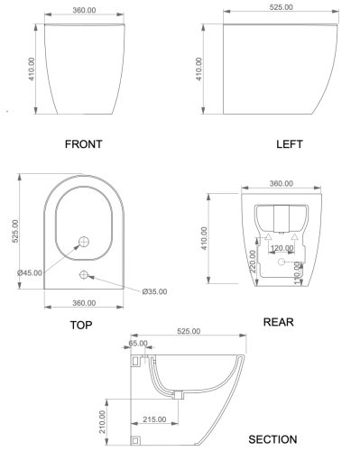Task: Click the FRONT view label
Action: [83, 144]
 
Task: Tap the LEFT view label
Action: [289, 144]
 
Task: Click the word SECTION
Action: [272, 439]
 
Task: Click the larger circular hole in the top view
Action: [84, 242]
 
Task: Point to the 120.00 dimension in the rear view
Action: [282, 247]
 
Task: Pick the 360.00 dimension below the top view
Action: [83, 302]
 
